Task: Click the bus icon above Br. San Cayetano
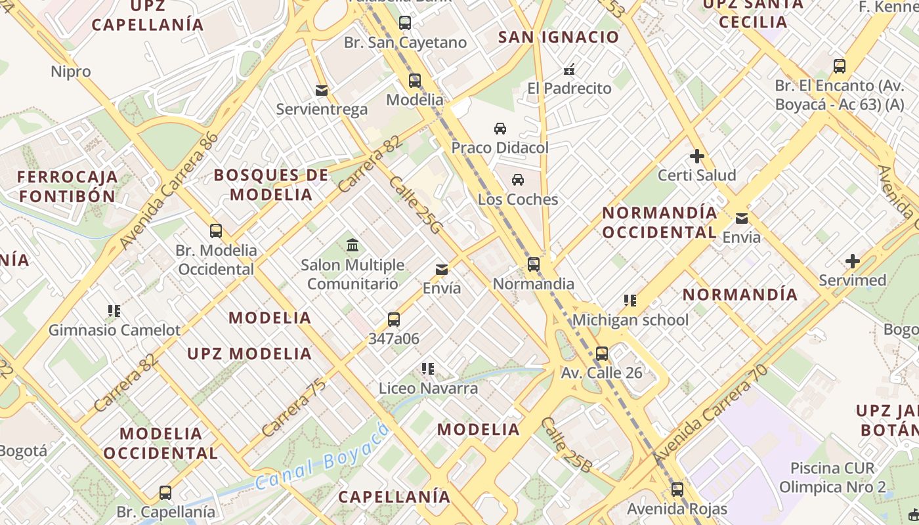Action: click(405, 23)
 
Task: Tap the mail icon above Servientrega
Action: click(322, 90)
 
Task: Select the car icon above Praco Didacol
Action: click(500, 128)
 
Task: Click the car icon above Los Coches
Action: click(518, 180)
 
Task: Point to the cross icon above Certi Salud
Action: click(697, 156)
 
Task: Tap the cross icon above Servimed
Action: click(853, 261)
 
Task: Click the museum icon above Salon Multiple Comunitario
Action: click(353, 245)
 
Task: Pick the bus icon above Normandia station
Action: click(534, 264)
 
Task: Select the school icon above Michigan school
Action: click(630, 301)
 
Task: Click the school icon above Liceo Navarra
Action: click(428, 369)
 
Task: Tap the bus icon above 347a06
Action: click(394, 320)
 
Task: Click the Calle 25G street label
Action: click(416, 205)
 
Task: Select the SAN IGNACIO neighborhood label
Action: click(559, 37)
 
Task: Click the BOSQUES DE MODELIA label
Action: click(271, 185)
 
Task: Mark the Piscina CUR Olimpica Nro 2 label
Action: click(832, 478)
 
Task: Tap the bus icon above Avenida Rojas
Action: click(677, 490)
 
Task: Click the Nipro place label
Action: click(71, 72)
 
